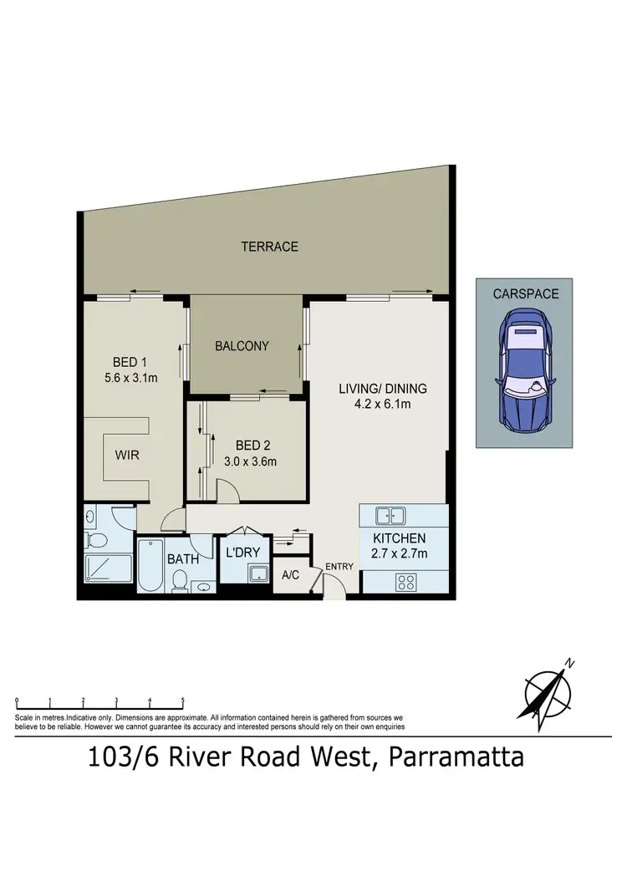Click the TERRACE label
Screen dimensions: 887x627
(x=269, y=247)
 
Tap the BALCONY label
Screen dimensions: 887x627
(x=242, y=345)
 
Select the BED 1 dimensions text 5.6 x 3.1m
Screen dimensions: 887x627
(x=135, y=378)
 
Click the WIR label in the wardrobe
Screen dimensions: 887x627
(x=127, y=456)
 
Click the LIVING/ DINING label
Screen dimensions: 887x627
(x=383, y=389)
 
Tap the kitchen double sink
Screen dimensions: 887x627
(x=390, y=516)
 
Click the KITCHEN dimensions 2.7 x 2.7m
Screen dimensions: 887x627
(x=400, y=553)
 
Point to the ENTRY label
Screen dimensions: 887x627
(x=340, y=567)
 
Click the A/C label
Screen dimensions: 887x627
(x=291, y=576)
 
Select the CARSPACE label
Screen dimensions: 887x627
(x=525, y=294)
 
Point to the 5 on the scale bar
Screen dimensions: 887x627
(x=182, y=701)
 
